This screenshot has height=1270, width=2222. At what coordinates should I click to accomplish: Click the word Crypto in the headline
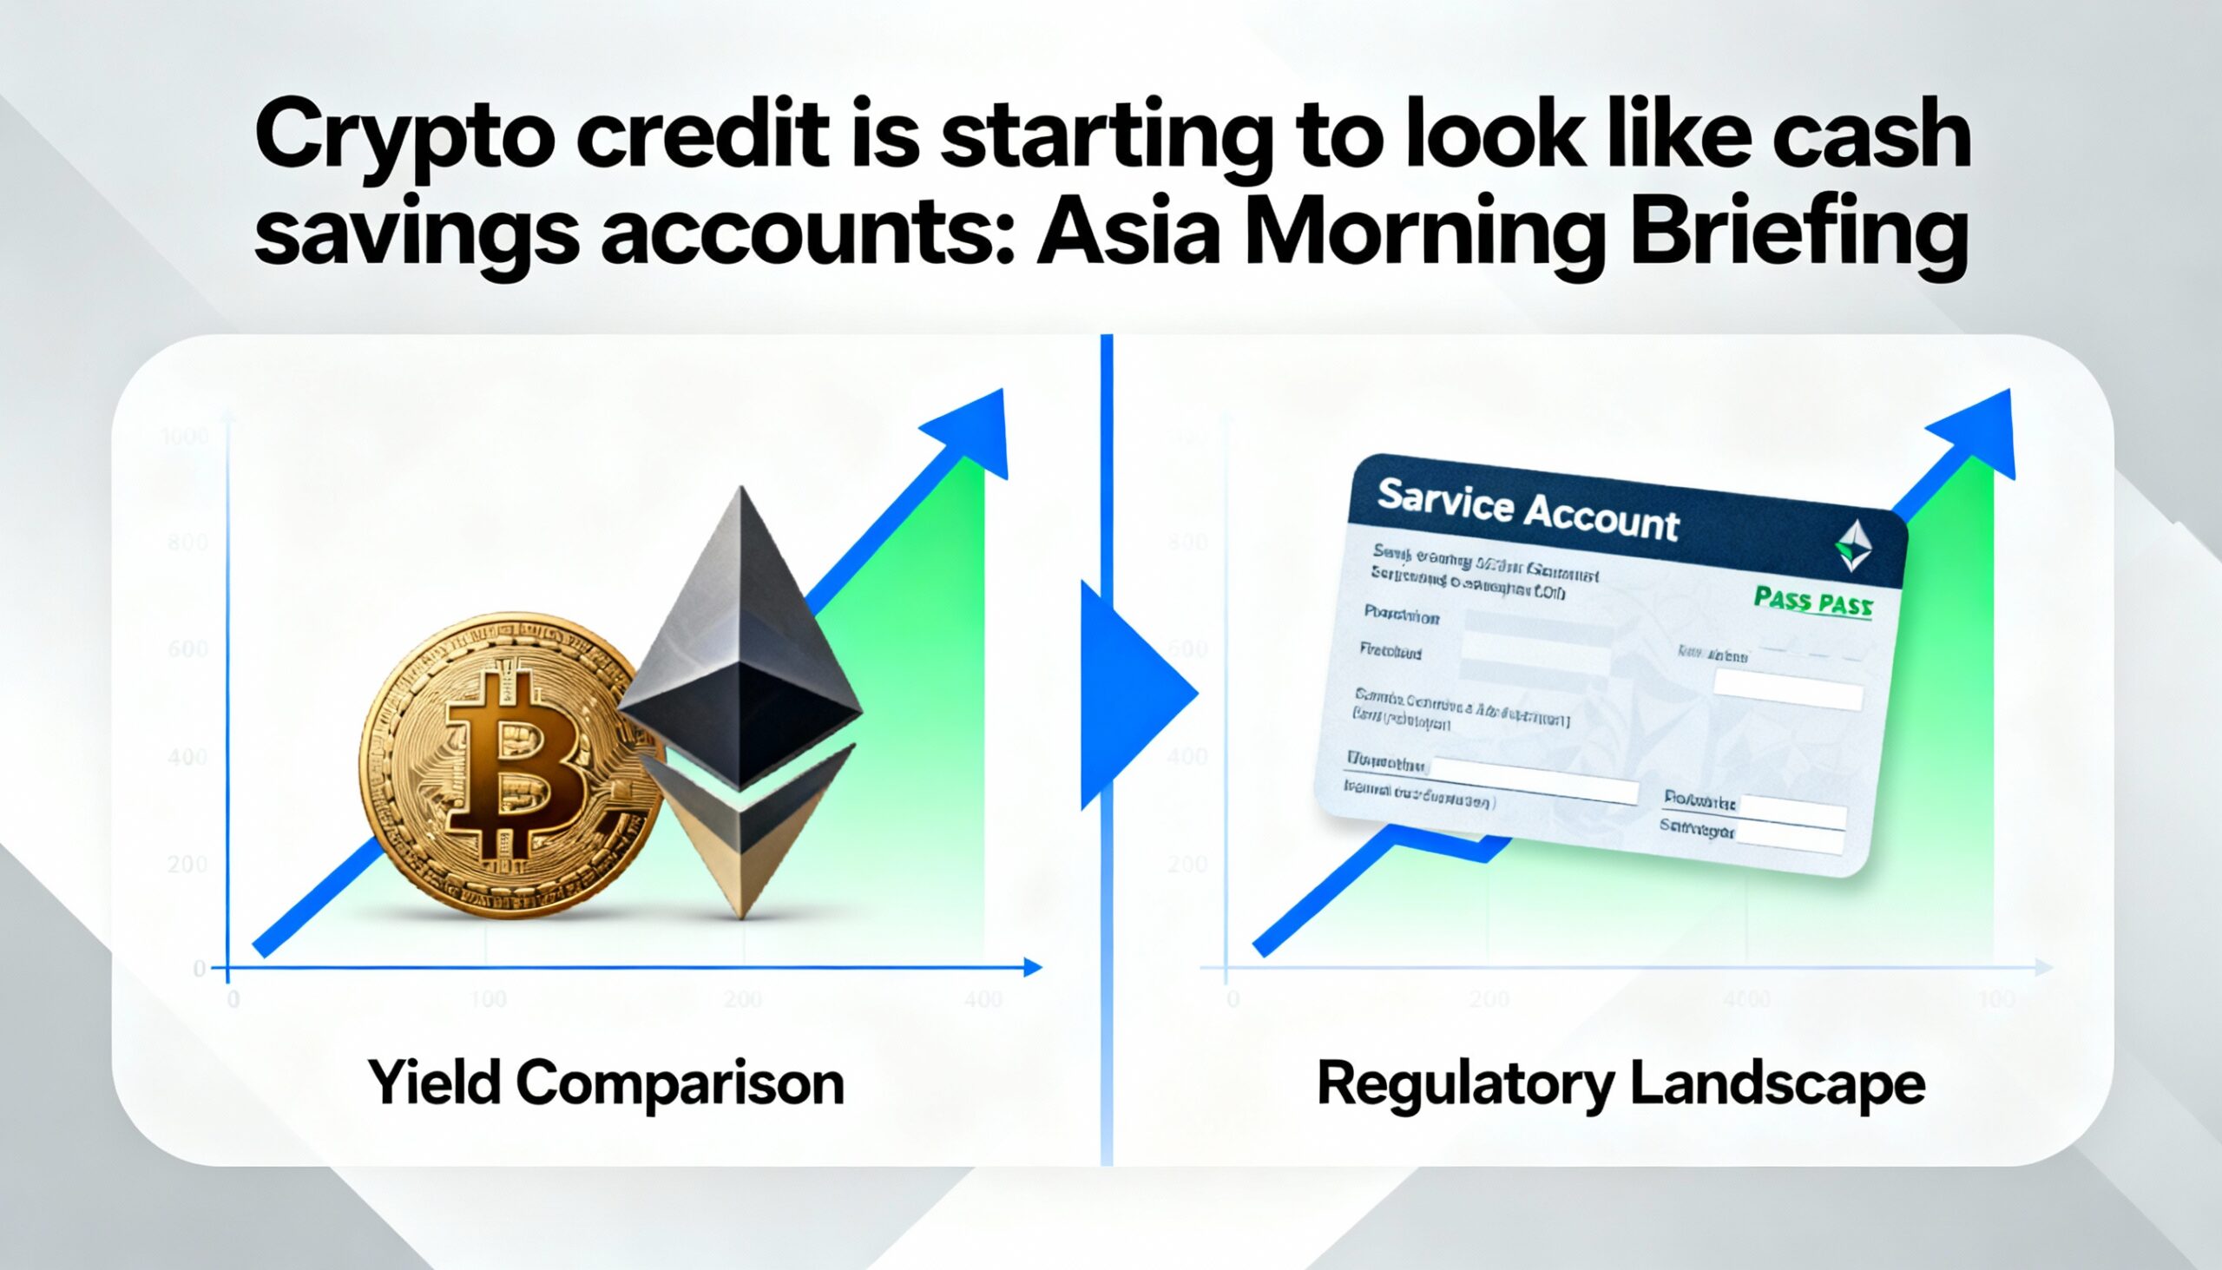[404, 140]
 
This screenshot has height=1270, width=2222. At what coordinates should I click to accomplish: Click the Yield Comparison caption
[606, 1083]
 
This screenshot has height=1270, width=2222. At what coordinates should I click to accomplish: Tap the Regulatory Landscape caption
[1621, 1083]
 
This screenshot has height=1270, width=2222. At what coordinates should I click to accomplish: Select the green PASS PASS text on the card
[1811, 601]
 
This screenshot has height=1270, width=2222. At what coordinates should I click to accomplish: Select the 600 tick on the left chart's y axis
[187, 650]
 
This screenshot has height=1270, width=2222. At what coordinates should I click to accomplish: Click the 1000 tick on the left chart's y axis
[185, 435]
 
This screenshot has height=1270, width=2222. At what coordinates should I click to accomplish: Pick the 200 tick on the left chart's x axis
[743, 1000]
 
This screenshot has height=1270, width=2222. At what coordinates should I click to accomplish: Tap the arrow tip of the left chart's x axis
[1035, 967]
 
